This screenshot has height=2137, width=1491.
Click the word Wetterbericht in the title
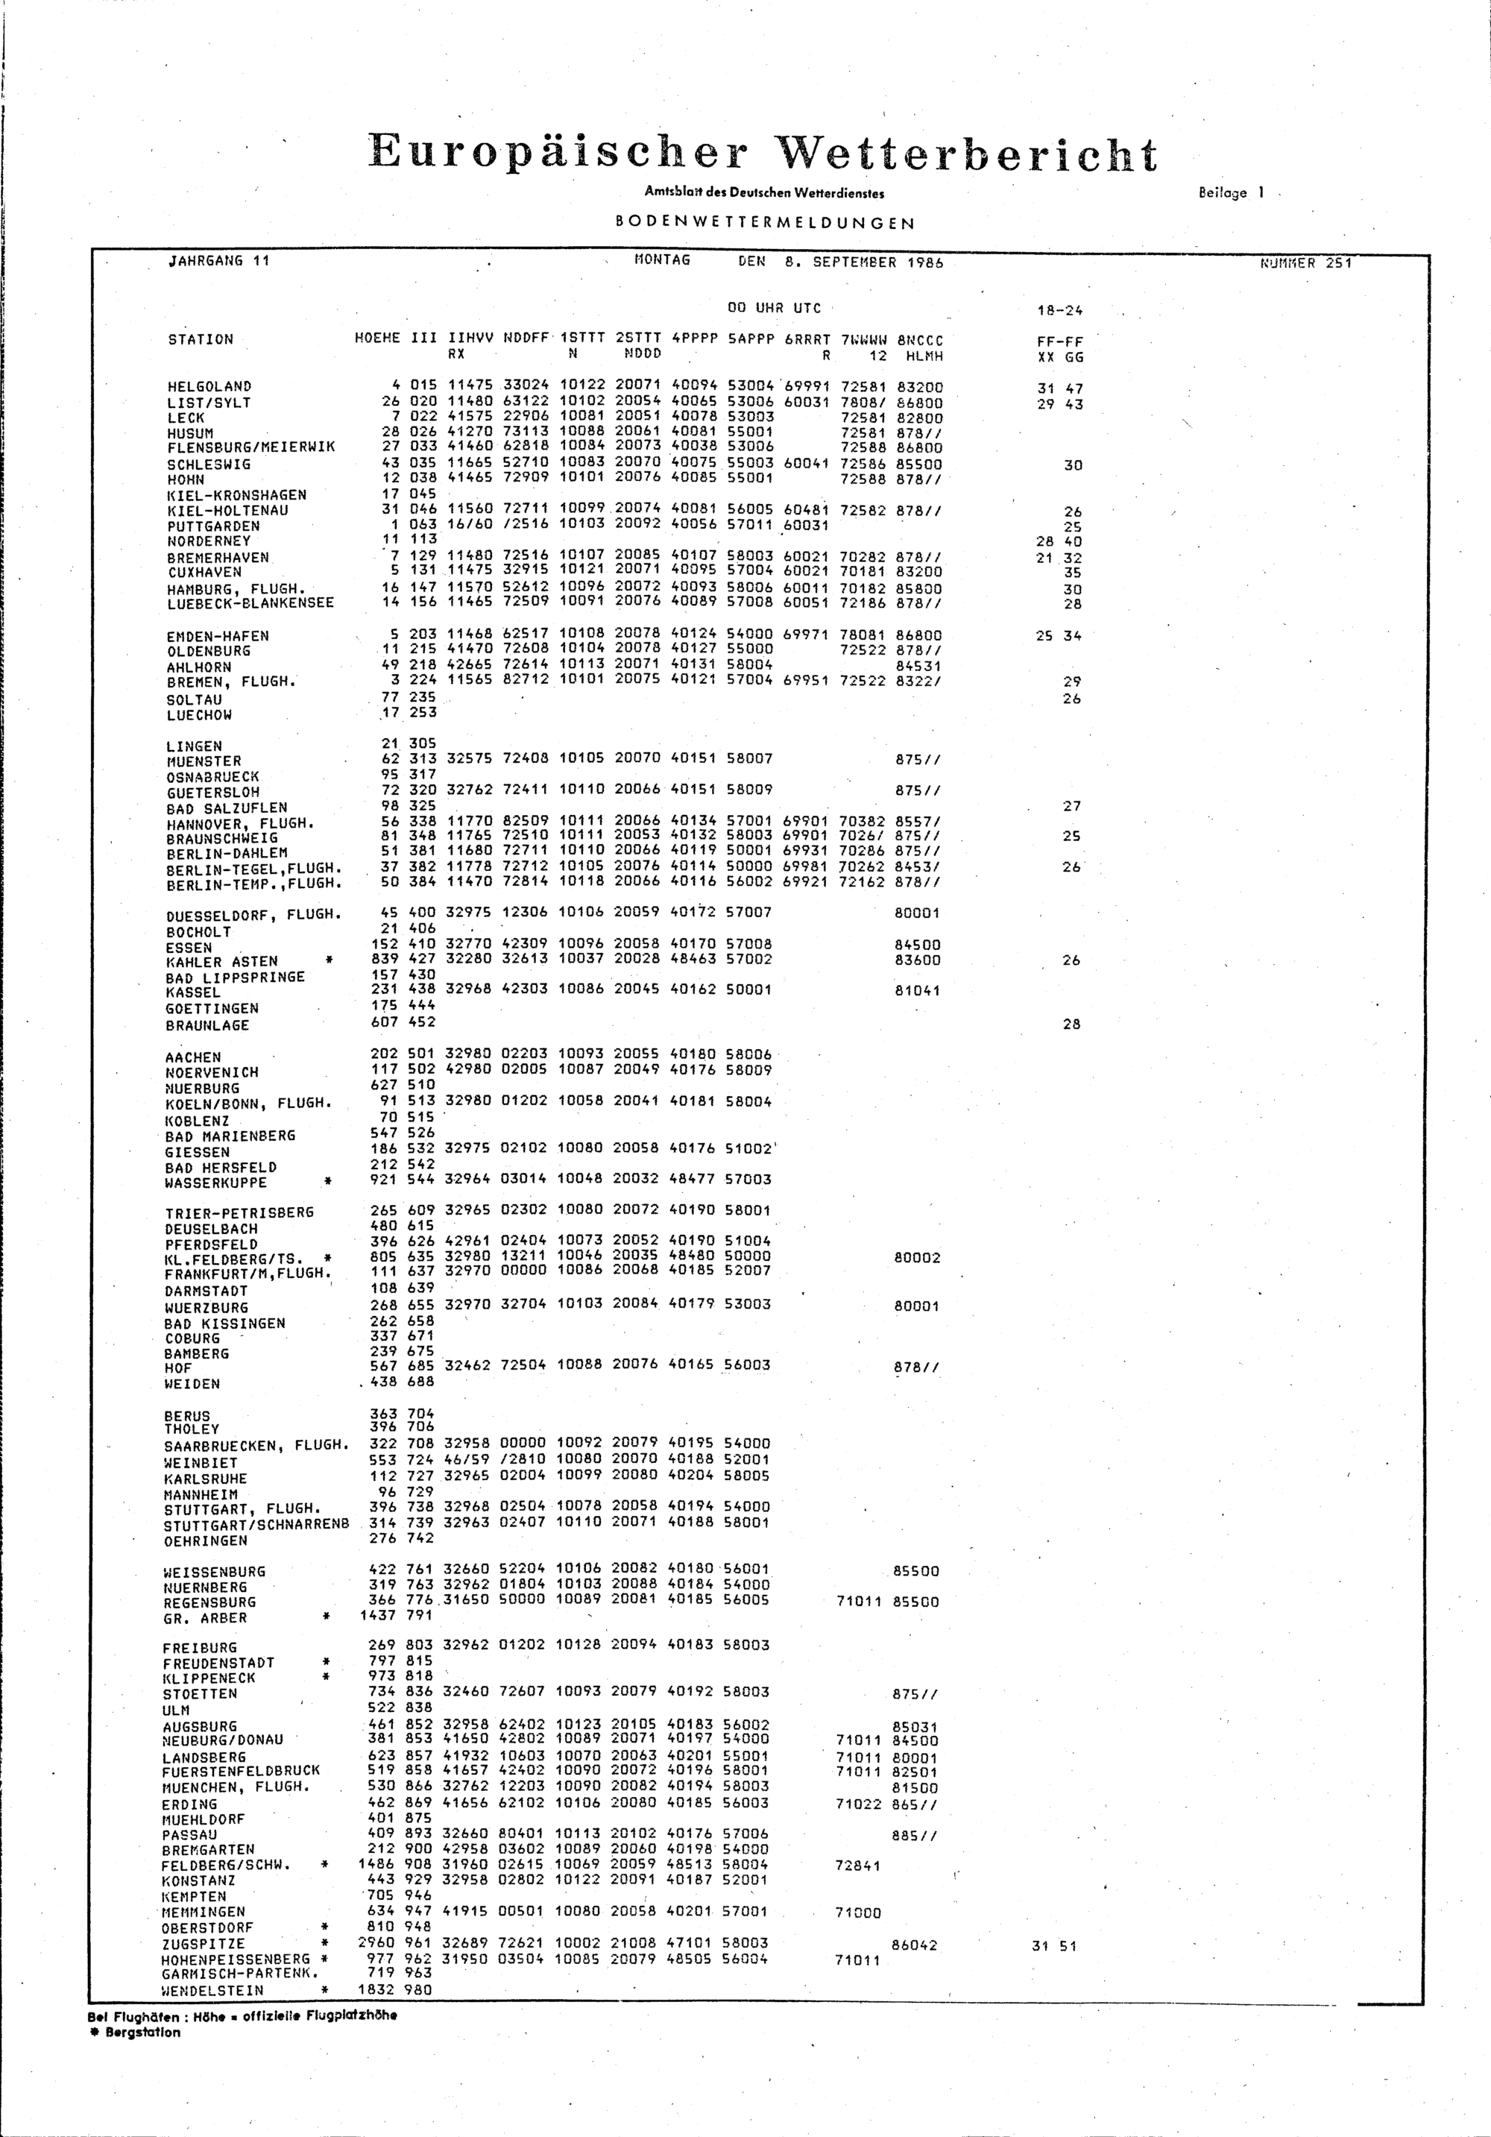[x=968, y=154]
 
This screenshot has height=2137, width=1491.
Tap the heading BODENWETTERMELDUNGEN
[x=765, y=224]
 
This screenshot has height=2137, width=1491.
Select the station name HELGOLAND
[x=209, y=386]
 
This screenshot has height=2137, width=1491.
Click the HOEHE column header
[x=378, y=340]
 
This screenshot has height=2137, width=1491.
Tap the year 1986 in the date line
[x=925, y=262]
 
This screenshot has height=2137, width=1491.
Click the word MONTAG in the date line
[x=662, y=261]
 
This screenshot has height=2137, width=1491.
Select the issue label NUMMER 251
[x=1306, y=263]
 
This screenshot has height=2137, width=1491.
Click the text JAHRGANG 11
[x=218, y=261]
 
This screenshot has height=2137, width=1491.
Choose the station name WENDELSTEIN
[x=213, y=1991]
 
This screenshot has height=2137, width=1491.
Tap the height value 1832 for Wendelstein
[x=377, y=1990]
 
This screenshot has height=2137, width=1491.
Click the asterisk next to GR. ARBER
[x=327, y=1617]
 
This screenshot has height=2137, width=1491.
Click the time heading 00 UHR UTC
[x=773, y=308]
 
